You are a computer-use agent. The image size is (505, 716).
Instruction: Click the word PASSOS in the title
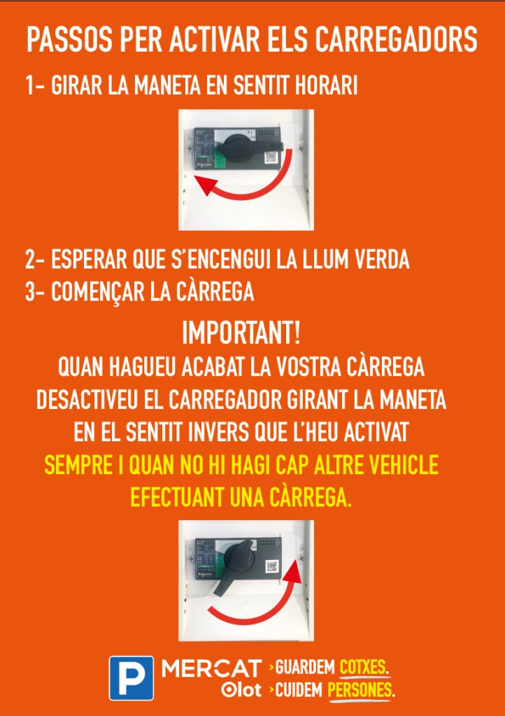pos(69,40)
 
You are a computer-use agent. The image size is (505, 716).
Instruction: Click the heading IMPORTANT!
pos(241,332)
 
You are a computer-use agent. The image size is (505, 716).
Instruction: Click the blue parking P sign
pos(131,678)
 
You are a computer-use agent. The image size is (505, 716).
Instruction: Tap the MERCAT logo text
pos(212,669)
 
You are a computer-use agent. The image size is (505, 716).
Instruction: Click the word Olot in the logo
pos(241,689)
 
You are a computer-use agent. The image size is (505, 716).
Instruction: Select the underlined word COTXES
pos(364,668)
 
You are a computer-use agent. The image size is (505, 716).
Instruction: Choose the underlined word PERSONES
pos(360,689)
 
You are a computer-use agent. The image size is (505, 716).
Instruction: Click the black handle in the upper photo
pos(250,145)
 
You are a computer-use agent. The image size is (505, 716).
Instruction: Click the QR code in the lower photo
pos(272,566)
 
